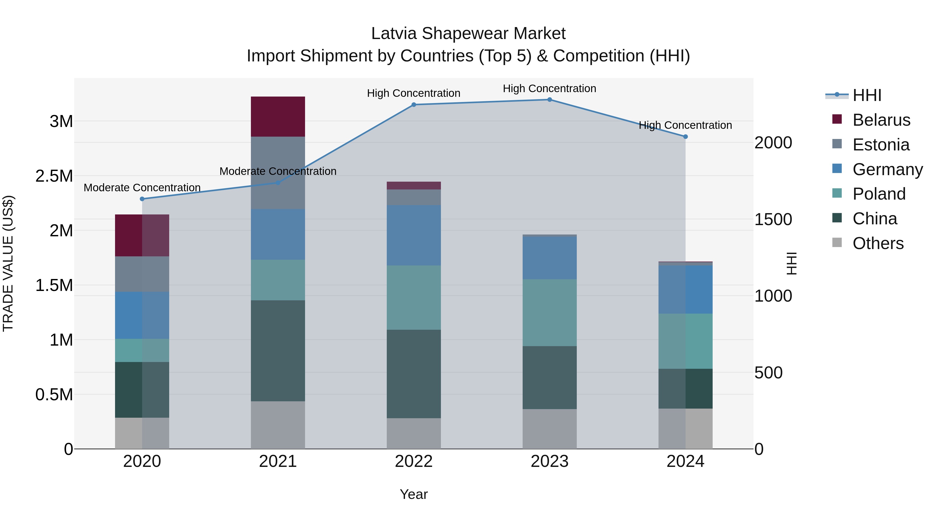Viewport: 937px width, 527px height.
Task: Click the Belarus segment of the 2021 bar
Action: pos(278,116)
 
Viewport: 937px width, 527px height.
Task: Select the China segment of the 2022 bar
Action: pos(414,373)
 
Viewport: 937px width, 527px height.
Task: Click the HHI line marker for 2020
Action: pos(142,199)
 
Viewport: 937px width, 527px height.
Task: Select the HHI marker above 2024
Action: pos(685,137)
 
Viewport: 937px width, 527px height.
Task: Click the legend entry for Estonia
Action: pos(880,145)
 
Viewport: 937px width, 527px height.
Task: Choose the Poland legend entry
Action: pos(878,194)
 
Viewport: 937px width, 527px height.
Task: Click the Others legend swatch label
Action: pos(877,243)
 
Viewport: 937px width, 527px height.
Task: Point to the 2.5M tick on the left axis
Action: pos(54,176)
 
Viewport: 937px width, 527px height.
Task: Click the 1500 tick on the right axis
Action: pos(773,219)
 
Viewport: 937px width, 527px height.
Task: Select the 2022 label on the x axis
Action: pos(414,461)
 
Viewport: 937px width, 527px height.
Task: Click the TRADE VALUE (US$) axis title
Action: pos(8,263)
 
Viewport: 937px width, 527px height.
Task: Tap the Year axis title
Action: pos(414,494)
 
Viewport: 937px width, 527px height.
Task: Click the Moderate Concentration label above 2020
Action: pos(142,188)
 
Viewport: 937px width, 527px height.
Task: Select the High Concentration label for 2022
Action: pos(414,93)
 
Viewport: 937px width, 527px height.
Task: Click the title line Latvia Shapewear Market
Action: pos(468,34)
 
